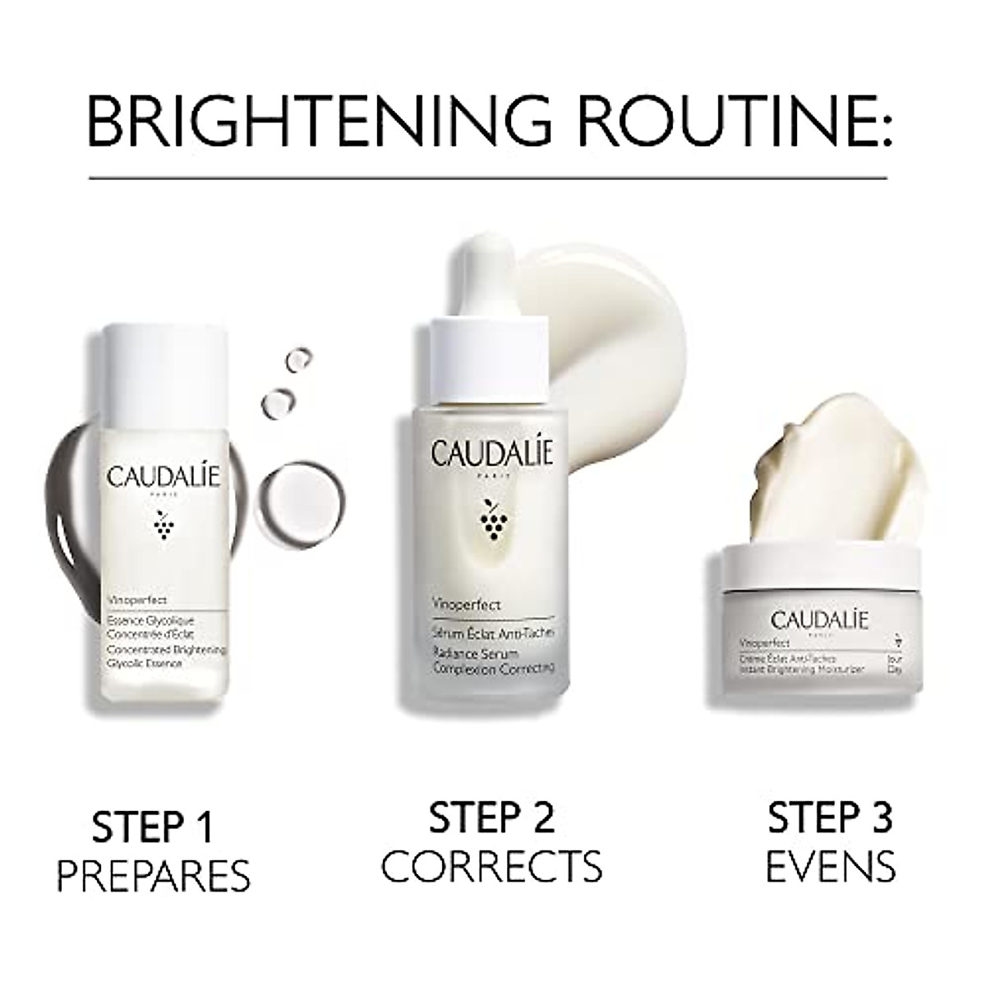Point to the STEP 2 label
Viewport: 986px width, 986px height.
(x=491, y=820)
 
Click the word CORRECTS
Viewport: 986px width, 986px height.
(x=491, y=865)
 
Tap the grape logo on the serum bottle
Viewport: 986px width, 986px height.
(x=491, y=519)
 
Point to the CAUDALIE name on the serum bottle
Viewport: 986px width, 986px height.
(x=491, y=454)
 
